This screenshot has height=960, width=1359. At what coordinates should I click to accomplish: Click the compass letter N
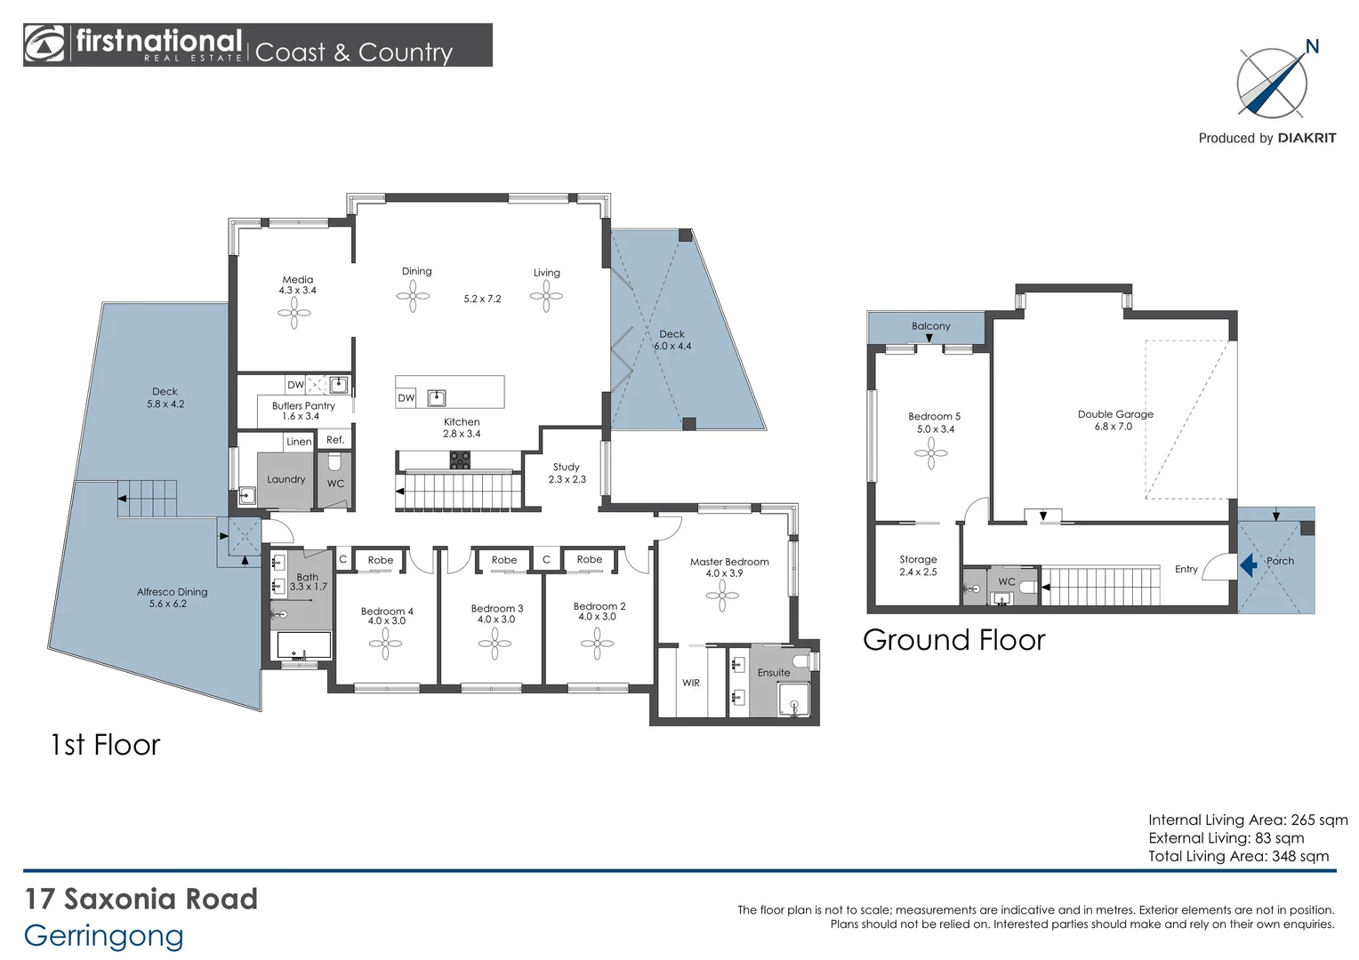point(1312,47)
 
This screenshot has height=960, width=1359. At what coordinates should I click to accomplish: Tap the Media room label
point(297,280)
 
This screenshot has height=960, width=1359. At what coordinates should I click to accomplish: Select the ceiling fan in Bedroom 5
point(930,453)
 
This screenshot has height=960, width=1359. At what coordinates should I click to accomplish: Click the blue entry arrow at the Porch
point(1249,565)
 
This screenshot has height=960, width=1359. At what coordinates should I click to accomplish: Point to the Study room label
point(566,467)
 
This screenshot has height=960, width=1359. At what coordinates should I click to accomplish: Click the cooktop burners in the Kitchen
point(460,460)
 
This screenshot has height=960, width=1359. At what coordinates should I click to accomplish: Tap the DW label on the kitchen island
point(406,398)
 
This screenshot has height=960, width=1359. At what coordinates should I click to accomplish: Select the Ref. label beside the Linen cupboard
point(335,440)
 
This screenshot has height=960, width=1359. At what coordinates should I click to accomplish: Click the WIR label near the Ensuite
point(691,683)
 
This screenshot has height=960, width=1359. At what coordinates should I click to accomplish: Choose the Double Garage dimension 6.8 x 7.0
point(1114,427)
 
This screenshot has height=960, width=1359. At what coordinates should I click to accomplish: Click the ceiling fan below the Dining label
point(413,297)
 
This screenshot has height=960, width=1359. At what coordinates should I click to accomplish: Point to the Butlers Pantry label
point(303,405)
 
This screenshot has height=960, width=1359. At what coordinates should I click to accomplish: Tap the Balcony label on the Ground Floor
point(930,326)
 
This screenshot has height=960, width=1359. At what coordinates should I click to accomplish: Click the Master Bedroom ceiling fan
point(722,596)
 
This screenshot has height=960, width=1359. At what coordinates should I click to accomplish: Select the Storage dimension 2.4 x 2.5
point(918,572)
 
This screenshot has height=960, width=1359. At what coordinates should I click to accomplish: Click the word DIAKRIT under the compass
point(1307,139)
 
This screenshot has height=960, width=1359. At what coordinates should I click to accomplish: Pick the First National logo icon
point(44,44)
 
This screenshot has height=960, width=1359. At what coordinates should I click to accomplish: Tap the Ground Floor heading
point(954,640)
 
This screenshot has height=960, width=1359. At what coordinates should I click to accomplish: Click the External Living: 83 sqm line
point(1226,838)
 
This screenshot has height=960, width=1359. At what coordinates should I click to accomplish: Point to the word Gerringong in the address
point(104,936)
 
